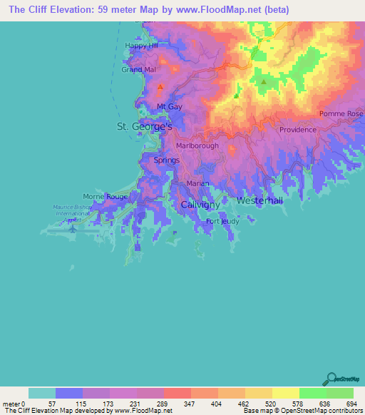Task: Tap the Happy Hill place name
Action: pos(140,46)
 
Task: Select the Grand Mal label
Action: pos(138,70)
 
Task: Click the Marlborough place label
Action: pos(197,145)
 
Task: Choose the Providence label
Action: pos(297,130)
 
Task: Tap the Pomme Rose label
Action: pos(341,114)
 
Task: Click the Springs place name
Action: pos(167,160)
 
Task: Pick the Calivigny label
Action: pos(200,204)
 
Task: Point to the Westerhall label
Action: pos(259,201)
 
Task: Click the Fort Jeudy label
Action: pos(222,221)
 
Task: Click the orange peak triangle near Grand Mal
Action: pos(160,86)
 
